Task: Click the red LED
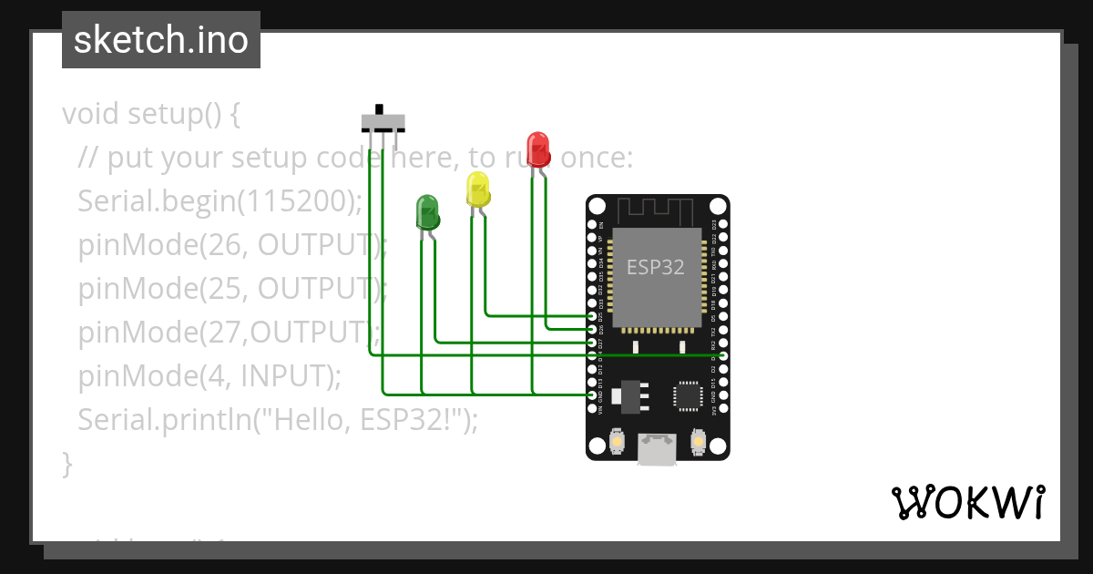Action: click(538, 148)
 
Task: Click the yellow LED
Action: click(477, 189)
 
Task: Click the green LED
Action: click(427, 211)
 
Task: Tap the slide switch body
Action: click(383, 121)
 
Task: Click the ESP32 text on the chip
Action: click(656, 267)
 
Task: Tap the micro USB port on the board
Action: click(657, 448)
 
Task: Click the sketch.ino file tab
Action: click(161, 40)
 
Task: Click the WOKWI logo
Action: click(968, 502)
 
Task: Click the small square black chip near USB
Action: click(687, 395)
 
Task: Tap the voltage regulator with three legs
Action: click(628, 395)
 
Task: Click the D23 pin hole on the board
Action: click(723, 224)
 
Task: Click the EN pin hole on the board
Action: click(592, 224)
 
